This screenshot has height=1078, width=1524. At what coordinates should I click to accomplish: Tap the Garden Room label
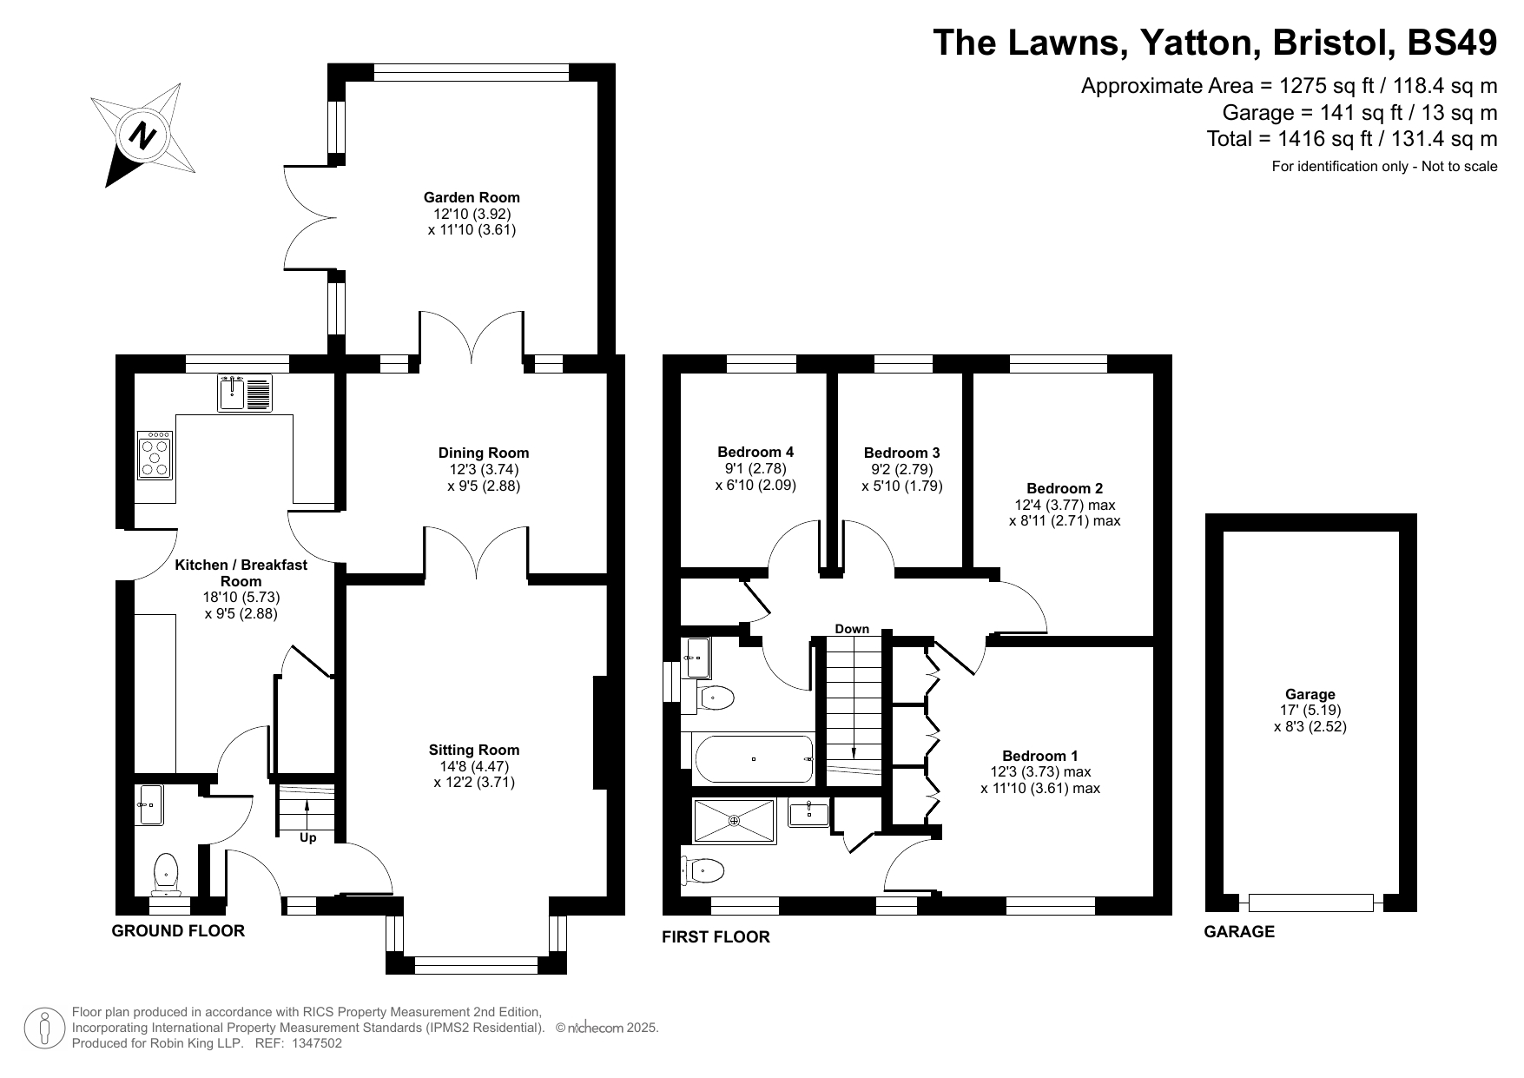pos(472,197)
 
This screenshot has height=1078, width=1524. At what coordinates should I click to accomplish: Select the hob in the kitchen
pos(155,455)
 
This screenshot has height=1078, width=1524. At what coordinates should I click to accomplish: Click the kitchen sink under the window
pos(245,393)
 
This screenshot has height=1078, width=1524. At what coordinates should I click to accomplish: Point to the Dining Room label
pos(484,453)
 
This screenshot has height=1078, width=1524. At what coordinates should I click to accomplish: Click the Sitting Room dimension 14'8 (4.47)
pos(474,766)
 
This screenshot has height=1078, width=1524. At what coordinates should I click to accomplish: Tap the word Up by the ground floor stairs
pos(308,838)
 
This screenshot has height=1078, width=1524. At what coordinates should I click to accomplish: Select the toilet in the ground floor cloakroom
pos(165,874)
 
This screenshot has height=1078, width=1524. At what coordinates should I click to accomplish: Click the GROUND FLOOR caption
pos(178,931)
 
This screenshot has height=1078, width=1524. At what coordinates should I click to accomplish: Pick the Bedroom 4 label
pos(755,452)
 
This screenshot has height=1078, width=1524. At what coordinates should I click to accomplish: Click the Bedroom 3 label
pos(901,453)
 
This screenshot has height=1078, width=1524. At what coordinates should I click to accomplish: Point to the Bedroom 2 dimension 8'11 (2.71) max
pos(1065,521)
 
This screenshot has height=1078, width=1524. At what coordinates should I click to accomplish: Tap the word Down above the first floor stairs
pos(852,629)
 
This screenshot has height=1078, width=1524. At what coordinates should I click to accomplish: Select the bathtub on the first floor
pos(754,759)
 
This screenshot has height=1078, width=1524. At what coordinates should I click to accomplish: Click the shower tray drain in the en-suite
pos(734,821)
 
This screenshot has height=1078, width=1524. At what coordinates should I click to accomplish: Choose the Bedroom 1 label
pos(1040,756)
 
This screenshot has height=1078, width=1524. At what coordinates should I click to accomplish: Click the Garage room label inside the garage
pos(1310,694)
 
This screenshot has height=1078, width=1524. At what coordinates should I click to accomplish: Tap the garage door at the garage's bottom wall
pos(1311,903)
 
